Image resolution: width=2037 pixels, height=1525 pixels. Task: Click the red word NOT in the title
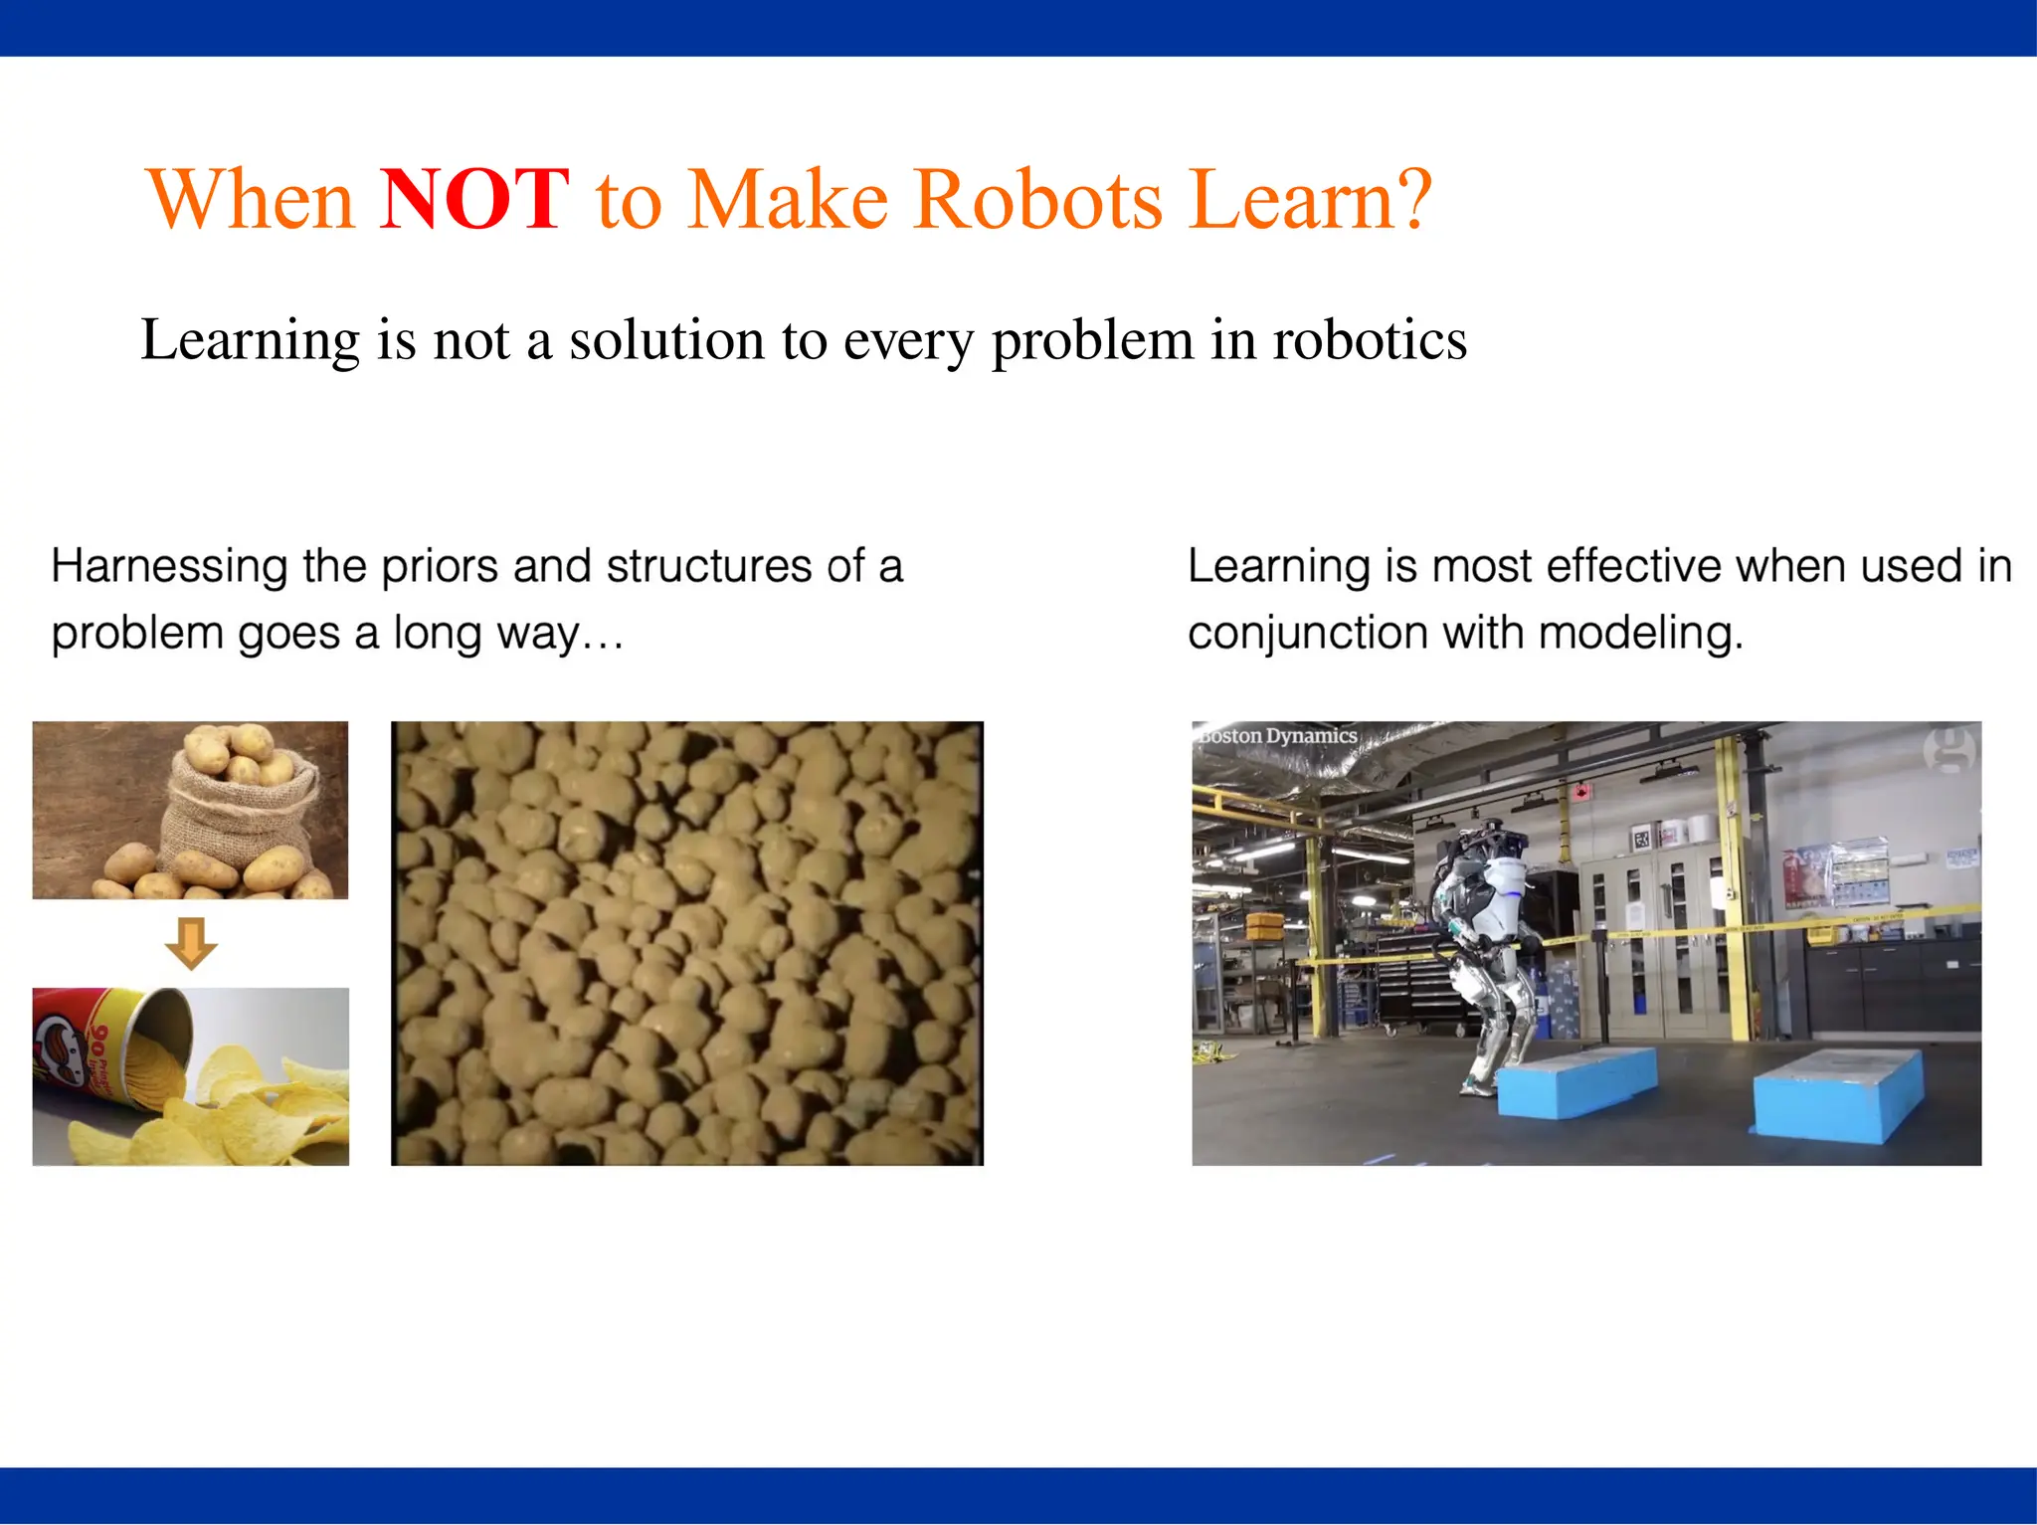click(x=474, y=200)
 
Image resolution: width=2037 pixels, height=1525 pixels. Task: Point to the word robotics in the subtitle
click(x=1370, y=340)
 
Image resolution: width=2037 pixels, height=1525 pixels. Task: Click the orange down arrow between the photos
click(x=190, y=942)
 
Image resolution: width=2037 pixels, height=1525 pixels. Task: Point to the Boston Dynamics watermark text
click(x=1277, y=736)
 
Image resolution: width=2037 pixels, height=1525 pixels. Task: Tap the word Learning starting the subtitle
click(x=250, y=340)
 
